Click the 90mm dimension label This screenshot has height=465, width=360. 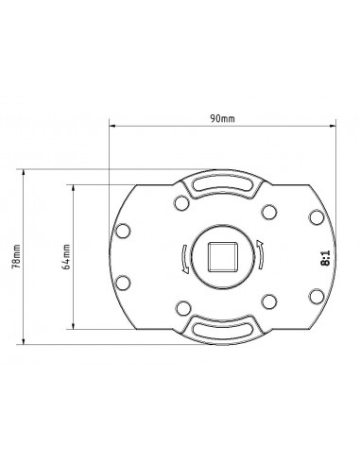coord(222,119)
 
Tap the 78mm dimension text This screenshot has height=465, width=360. coord(16,256)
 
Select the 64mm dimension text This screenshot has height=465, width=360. coord(66,256)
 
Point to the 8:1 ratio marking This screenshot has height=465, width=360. coord(325,258)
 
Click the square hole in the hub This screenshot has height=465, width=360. coord(222,256)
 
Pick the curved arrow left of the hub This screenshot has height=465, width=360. coord(185,259)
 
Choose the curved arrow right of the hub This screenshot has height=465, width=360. coord(260,254)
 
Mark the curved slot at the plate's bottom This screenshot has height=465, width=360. coord(222,329)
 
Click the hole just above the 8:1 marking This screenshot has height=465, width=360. coord(317,217)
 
